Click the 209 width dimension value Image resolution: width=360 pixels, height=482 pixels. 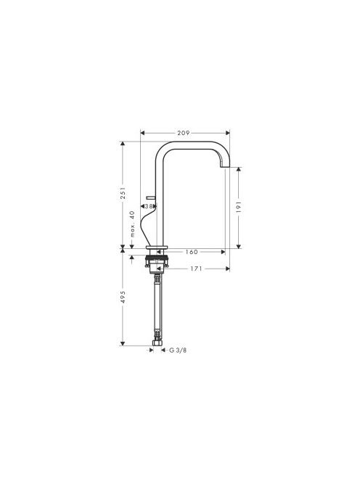pos(183,133)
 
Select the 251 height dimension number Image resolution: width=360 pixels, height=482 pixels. pos(123,193)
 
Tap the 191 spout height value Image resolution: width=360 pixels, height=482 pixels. pos(239,207)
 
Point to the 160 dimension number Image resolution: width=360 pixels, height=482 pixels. pos(191,252)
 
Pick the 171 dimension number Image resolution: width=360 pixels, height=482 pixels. pos(196,269)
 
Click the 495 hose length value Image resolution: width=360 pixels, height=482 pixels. pos(123,297)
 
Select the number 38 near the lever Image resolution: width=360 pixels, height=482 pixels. pos(149,206)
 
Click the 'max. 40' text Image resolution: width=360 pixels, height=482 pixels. pos(132,224)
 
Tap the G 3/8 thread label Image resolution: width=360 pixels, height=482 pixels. pos(178,350)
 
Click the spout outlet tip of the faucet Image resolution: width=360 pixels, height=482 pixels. pos(225,167)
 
